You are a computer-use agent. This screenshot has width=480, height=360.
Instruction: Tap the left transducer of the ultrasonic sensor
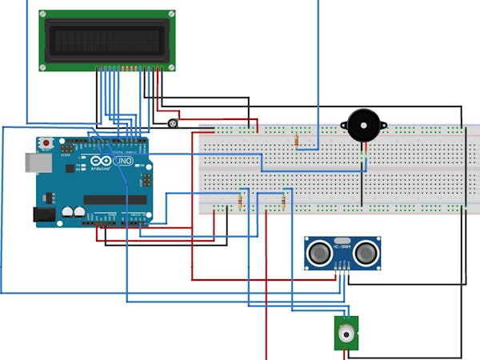(320, 253)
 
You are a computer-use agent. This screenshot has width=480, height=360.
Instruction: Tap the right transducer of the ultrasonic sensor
(366, 253)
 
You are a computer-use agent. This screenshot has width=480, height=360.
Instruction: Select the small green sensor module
(346, 332)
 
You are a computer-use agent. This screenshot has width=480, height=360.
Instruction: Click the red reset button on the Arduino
(46, 143)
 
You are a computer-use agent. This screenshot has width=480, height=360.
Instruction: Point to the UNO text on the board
(125, 161)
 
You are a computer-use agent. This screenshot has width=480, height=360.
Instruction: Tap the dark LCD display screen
(107, 40)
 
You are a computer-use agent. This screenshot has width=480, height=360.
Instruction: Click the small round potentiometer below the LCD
(173, 123)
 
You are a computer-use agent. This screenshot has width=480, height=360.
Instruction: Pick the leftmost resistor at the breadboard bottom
(240, 202)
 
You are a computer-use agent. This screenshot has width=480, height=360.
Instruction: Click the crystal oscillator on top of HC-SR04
(342, 239)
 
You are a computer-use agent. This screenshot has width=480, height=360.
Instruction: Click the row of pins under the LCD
(132, 68)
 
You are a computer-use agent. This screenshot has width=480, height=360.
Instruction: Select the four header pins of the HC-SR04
(342, 271)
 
